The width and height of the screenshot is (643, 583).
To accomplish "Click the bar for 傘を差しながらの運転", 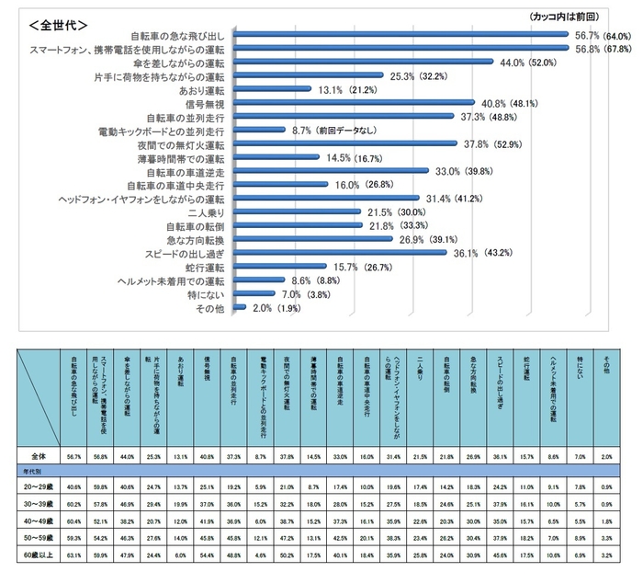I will pos(349,63).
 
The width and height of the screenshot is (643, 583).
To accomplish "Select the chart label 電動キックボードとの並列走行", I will pos(161,131).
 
